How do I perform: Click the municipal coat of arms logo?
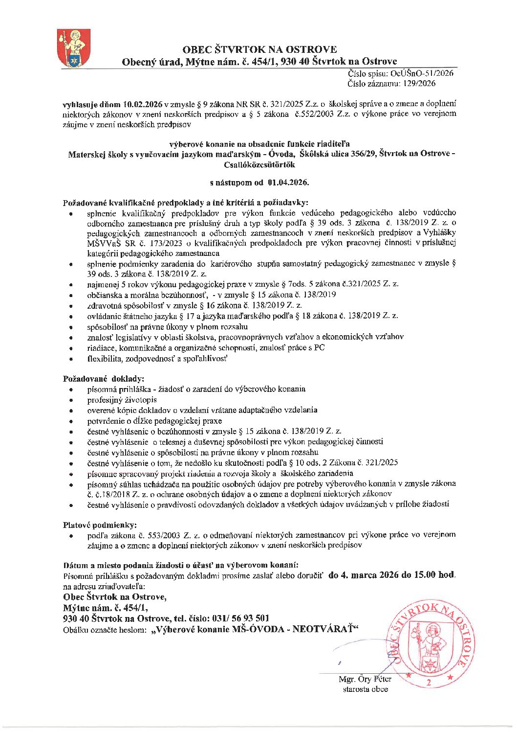(x=71, y=48)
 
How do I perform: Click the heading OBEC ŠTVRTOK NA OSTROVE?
(x=259, y=49)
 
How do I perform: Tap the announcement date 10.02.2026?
(x=143, y=104)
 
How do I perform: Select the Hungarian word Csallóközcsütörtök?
(x=259, y=164)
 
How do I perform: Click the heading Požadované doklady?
(x=104, y=379)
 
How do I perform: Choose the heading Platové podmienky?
(x=100, y=525)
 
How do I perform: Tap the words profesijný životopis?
(x=122, y=400)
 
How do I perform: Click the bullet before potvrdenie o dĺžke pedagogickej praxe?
(x=72, y=421)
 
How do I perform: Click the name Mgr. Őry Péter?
(x=365, y=679)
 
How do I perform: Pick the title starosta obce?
(x=366, y=689)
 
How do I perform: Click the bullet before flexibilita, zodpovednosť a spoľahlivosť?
(x=72, y=359)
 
